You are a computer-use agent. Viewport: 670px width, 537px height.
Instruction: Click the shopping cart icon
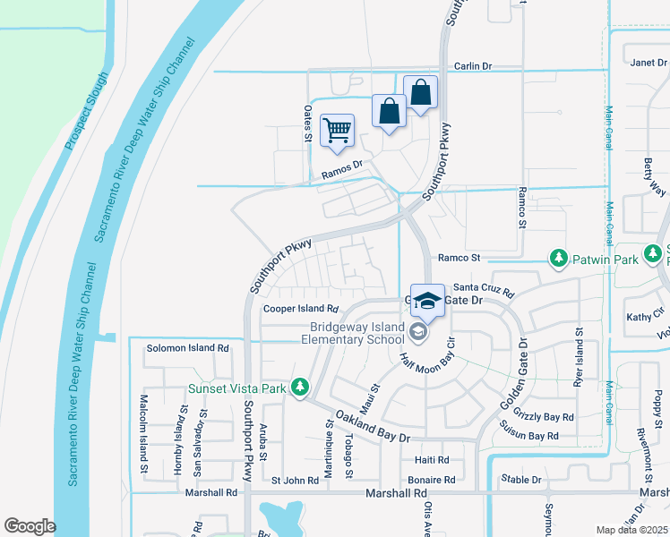coord(337,131)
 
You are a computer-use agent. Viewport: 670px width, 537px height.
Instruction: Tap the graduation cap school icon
coord(428,303)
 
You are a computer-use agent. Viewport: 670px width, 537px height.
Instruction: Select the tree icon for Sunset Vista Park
coord(302,388)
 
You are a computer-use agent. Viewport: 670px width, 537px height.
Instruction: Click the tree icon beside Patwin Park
coord(559,258)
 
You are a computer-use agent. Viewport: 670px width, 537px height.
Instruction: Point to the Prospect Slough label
coord(86,111)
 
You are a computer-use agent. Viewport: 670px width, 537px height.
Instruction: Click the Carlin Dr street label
coord(474,66)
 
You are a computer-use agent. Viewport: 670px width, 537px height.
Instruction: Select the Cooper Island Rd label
coord(298,309)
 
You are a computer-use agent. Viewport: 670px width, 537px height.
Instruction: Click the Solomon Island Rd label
coord(188,347)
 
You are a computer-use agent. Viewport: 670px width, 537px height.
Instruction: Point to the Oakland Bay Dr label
coord(372,426)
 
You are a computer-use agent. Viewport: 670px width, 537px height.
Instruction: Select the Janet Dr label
coord(649,63)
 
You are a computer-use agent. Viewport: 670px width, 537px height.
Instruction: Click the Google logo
coord(30,525)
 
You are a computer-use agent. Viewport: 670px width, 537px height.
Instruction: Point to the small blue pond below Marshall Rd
coord(282,517)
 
